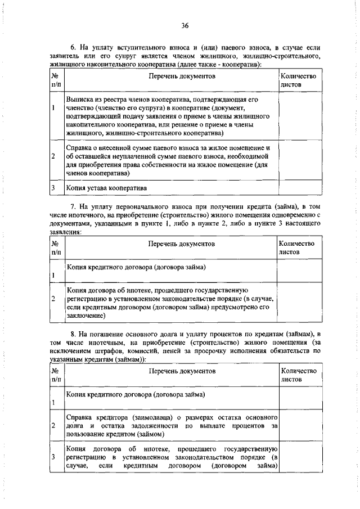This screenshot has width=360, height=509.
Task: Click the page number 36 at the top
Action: point(185,25)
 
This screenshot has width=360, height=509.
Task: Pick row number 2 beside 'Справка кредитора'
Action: point(52,426)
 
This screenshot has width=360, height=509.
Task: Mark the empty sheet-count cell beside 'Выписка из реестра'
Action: point(299,116)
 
